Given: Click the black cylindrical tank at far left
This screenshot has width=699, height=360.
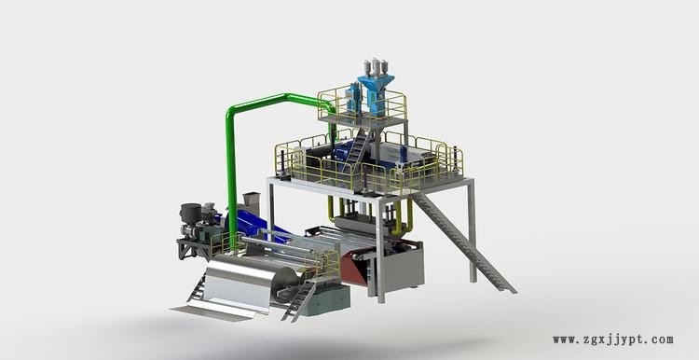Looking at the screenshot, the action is point(190,214).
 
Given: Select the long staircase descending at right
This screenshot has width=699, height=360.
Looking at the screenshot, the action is point(463,242).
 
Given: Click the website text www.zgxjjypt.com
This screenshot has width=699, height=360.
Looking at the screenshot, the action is point(613,339).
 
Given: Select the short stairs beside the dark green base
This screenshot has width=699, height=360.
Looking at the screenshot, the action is point(299,300).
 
